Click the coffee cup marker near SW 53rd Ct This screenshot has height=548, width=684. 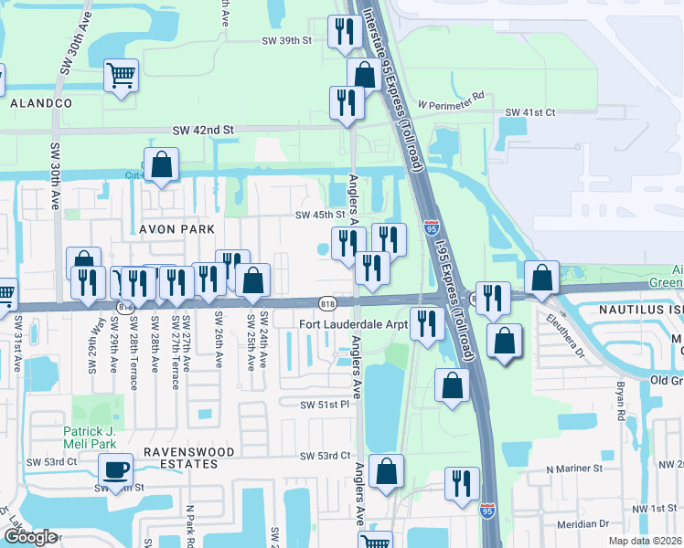pyautogui.click(x=114, y=470)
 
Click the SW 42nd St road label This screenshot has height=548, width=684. pyautogui.click(x=203, y=131)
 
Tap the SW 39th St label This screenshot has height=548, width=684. pyautogui.click(x=286, y=41)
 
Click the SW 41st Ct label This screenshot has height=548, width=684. pyautogui.click(x=530, y=111)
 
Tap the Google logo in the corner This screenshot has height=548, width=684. pyautogui.click(x=30, y=537)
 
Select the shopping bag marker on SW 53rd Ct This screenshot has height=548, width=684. pyautogui.click(x=387, y=471)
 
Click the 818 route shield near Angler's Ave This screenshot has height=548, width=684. pyautogui.click(x=327, y=302)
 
